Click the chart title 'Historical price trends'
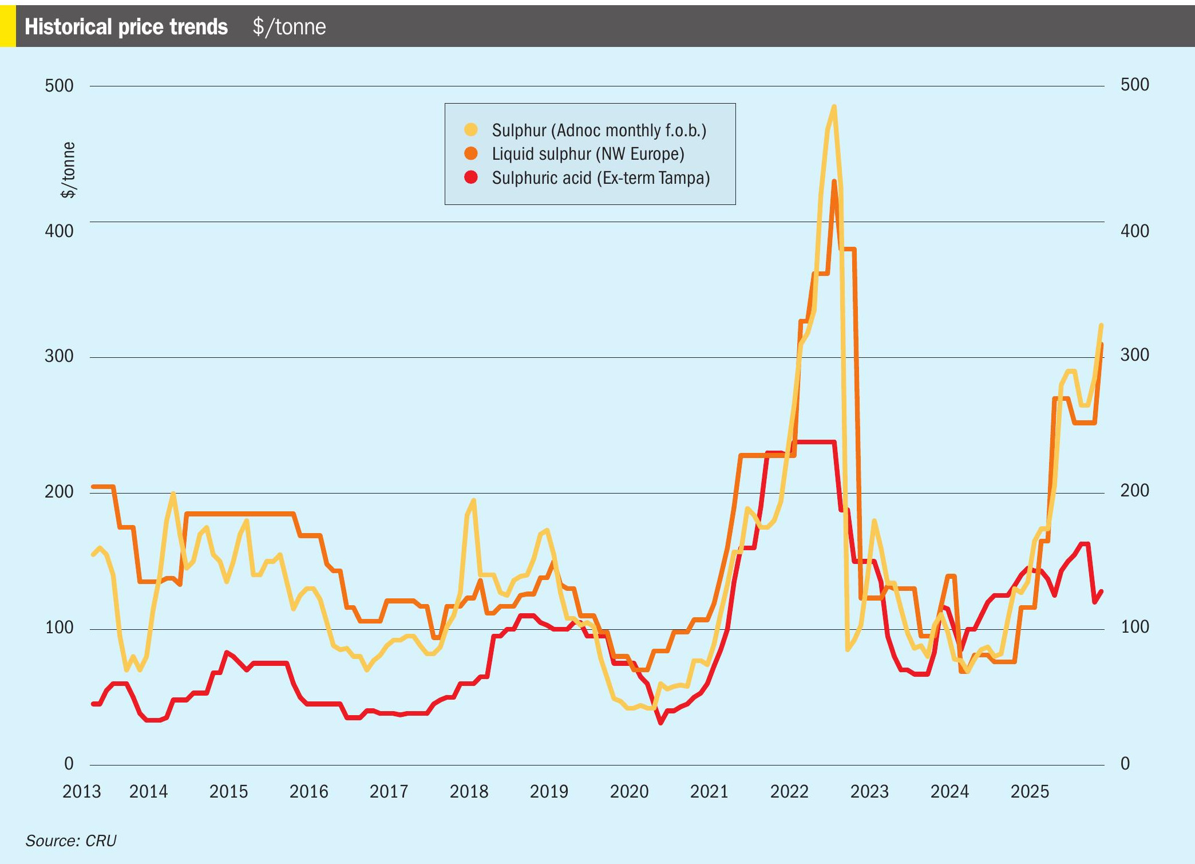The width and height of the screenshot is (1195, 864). [x=126, y=27]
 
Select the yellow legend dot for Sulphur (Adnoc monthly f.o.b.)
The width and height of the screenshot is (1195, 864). [x=471, y=130]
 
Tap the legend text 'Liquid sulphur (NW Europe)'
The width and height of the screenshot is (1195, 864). [x=588, y=154]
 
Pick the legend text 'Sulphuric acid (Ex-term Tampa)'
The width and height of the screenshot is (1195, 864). [x=600, y=178]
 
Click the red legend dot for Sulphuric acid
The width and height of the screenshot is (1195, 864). [x=471, y=177]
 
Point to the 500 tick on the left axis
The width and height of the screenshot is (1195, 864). [x=59, y=86]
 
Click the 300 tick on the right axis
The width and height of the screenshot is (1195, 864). [x=1134, y=355]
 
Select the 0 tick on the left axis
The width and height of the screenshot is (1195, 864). [x=69, y=763]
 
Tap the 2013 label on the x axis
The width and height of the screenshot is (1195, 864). [x=81, y=792]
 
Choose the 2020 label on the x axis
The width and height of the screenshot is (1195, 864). [x=629, y=792]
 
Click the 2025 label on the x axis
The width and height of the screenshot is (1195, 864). [x=1030, y=792]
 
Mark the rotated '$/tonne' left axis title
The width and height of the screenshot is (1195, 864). [x=68, y=170]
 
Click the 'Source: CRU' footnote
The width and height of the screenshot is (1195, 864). [x=71, y=841]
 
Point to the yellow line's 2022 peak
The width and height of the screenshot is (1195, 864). [x=834, y=106]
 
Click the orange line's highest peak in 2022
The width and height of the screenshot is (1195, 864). [x=834, y=182]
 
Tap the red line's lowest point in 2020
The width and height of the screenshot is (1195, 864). [x=660, y=723]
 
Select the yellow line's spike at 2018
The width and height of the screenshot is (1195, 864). [x=473, y=500]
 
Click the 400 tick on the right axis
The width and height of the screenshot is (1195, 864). [x=1134, y=231]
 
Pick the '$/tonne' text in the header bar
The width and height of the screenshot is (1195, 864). [x=289, y=27]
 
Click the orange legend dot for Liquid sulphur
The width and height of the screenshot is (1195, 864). [x=471, y=153]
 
